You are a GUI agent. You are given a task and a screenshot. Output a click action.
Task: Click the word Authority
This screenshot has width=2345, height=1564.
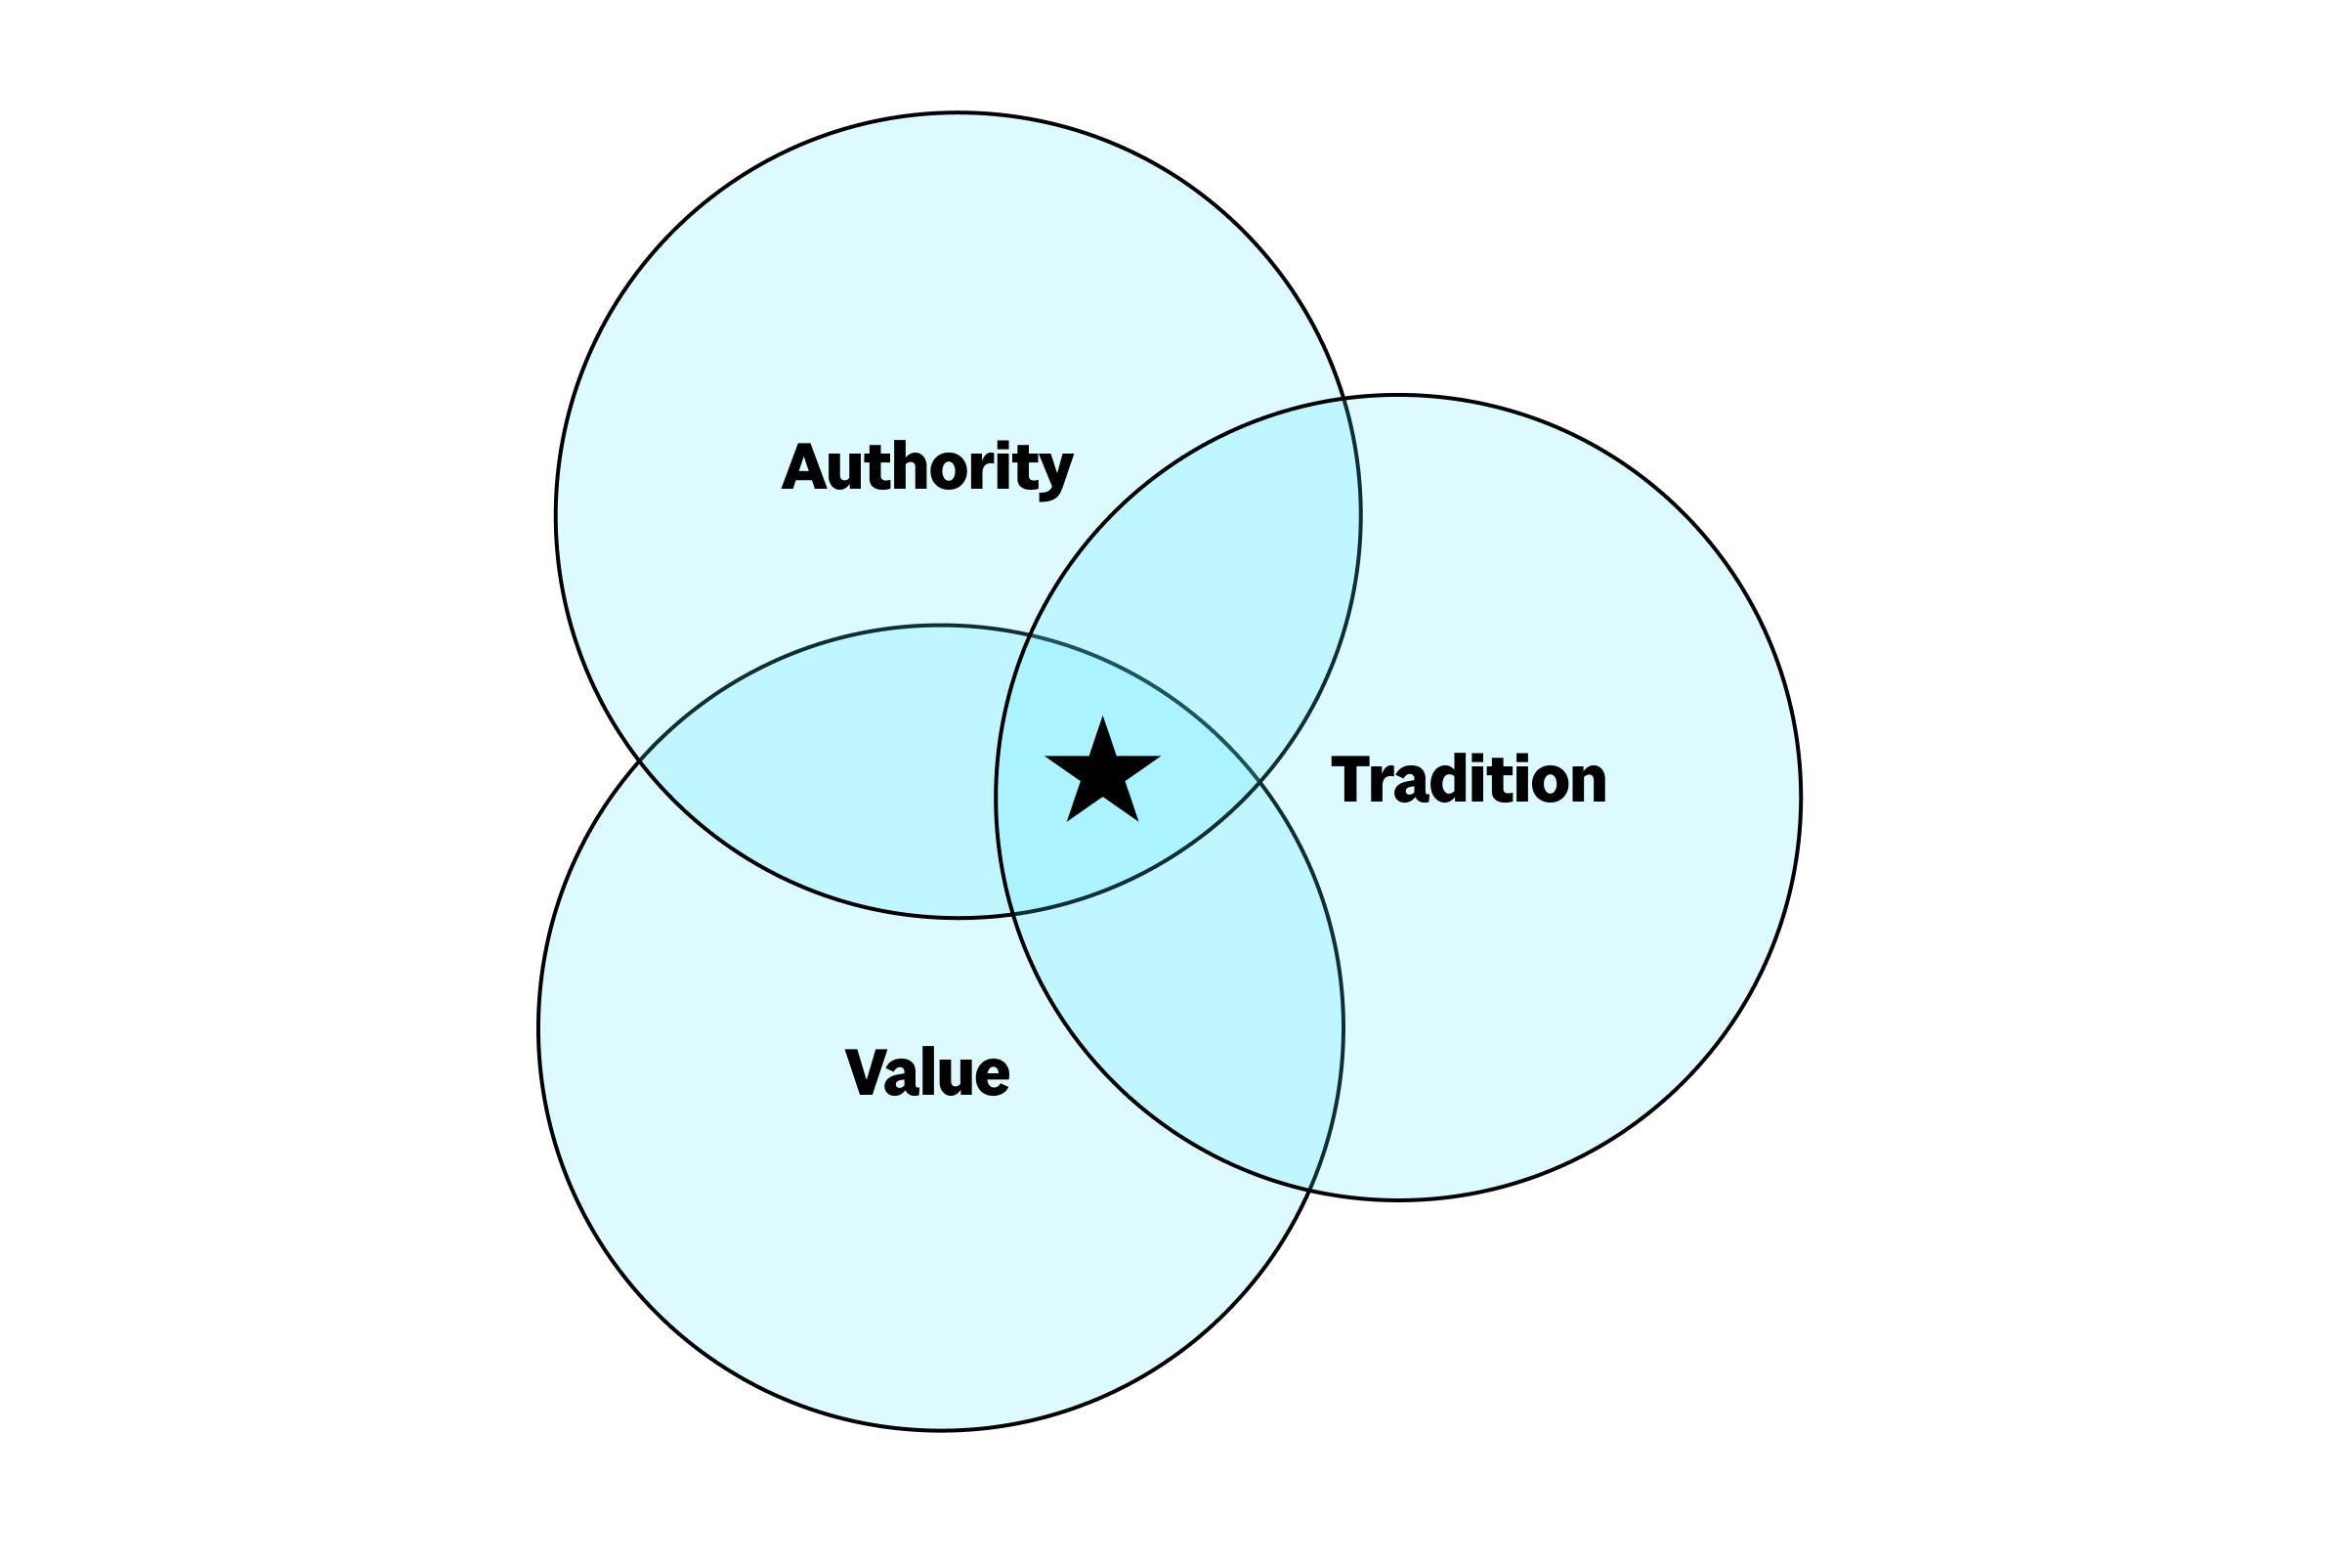[x=926, y=467]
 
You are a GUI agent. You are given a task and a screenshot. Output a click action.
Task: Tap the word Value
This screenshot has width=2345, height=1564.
[x=926, y=1073]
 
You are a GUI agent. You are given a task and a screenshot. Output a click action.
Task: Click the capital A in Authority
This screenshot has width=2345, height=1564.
[x=803, y=467]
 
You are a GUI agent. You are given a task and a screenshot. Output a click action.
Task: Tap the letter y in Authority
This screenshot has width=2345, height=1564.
[x=1054, y=473]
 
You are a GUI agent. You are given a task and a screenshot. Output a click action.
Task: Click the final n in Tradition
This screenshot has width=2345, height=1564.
[x=1586, y=784]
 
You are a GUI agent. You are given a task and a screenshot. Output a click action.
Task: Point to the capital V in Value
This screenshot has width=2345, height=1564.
[x=866, y=1073]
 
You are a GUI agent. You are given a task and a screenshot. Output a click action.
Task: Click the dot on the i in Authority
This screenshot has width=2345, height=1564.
[x=1003, y=445]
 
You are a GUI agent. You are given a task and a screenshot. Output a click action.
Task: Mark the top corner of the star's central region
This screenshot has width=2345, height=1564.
[x=1030, y=635]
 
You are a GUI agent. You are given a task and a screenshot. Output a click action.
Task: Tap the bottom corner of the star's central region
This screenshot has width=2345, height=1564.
[x=1013, y=914]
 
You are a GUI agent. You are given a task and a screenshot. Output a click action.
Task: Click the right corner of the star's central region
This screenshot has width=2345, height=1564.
[x=1259, y=782]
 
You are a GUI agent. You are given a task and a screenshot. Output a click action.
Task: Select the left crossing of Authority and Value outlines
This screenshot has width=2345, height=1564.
[x=639, y=761]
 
